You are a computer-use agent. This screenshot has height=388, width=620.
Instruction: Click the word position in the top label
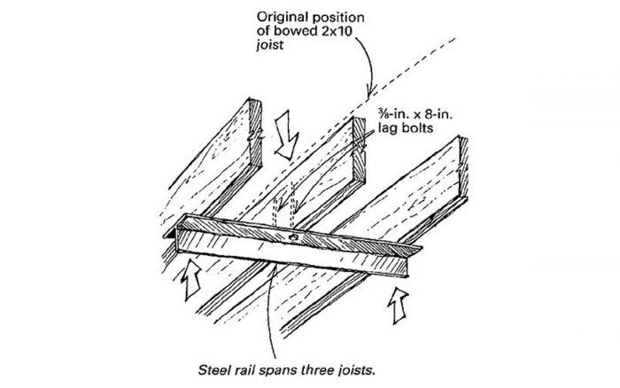tap(332, 16)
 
